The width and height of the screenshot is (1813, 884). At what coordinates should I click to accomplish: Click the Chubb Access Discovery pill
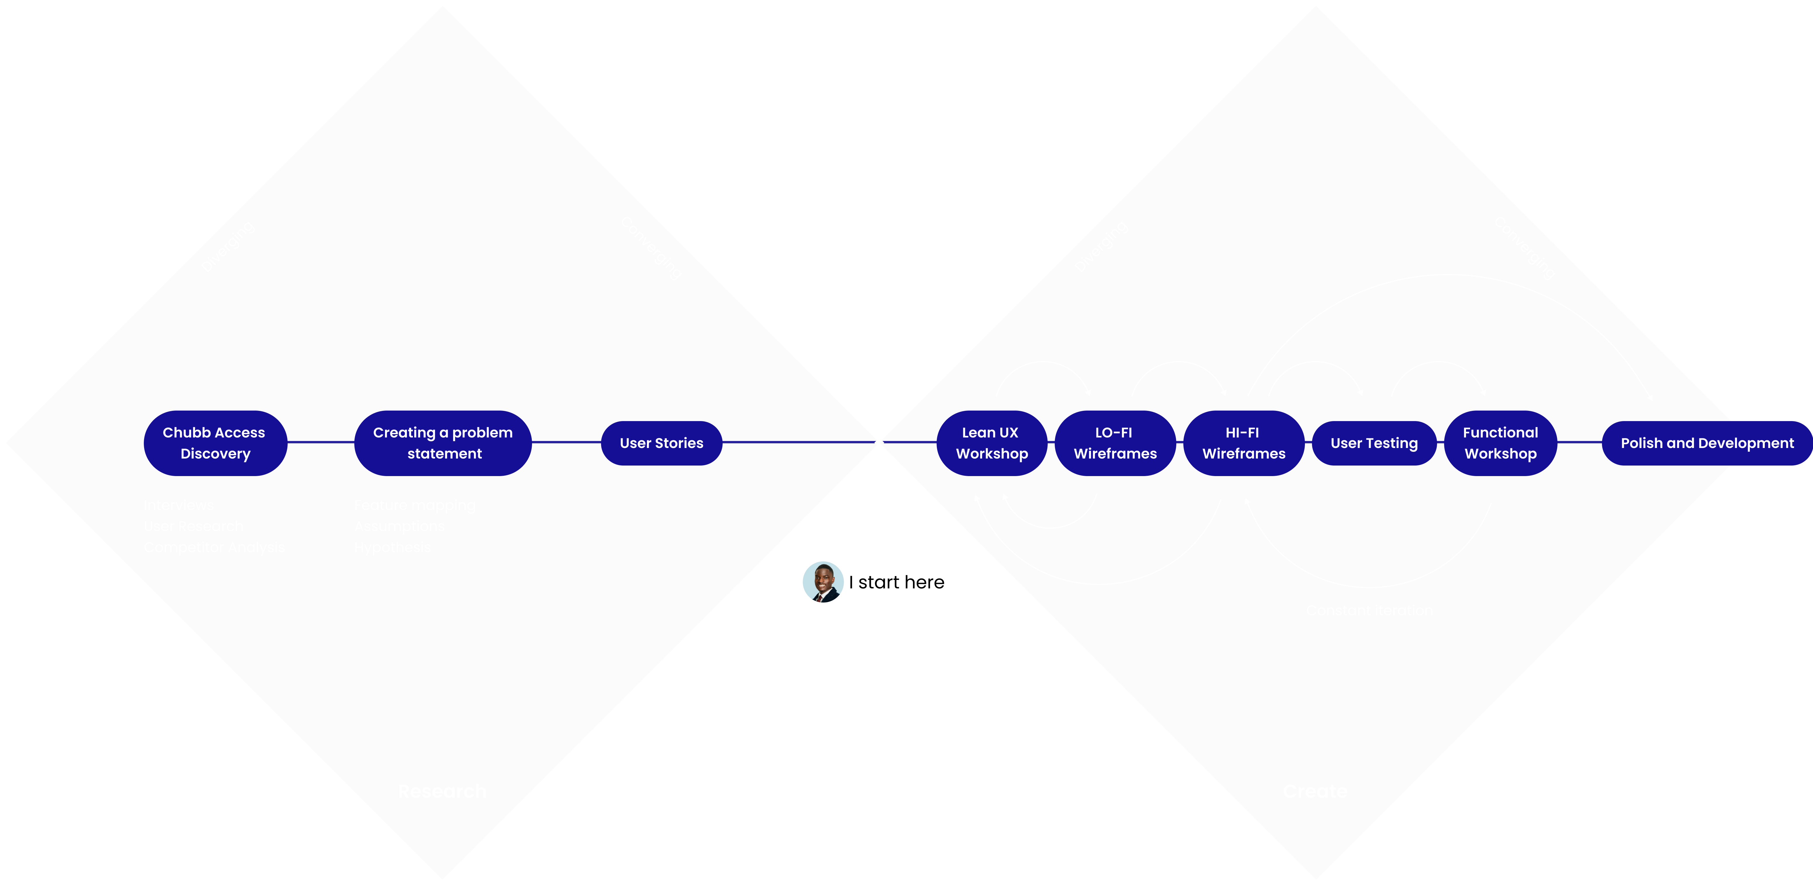tap(215, 443)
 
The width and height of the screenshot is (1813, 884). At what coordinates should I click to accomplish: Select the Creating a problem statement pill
tap(443, 443)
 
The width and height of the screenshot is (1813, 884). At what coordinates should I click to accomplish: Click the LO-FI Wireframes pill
tap(1115, 443)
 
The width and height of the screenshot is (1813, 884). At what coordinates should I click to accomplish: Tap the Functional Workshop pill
tap(1501, 443)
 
